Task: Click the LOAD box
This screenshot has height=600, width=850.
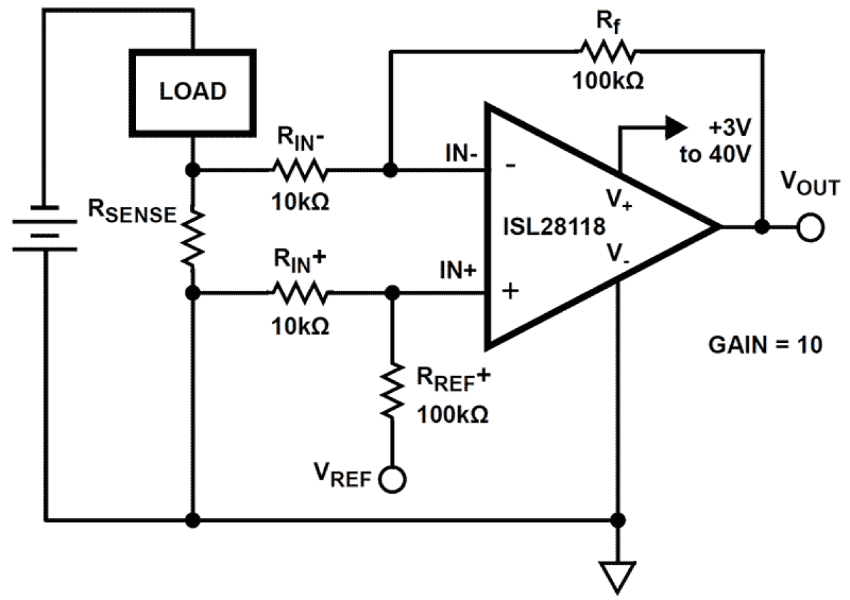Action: pyautogui.click(x=193, y=91)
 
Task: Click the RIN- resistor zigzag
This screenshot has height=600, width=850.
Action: pyautogui.click(x=299, y=170)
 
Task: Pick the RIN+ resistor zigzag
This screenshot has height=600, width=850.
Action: pyautogui.click(x=299, y=293)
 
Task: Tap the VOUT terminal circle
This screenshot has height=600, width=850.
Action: pyautogui.click(x=809, y=228)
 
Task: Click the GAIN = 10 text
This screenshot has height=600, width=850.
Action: pyautogui.click(x=765, y=345)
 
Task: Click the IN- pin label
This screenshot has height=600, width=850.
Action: pyautogui.click(x=462, y=154)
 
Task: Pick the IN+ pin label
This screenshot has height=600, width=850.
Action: pyautogui.click(x=460, y=273)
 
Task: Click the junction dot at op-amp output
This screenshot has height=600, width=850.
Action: pyautogui.click(x=763, y=227)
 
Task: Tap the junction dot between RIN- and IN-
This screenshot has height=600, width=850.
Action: pyautogui.click(x=390, y=170)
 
